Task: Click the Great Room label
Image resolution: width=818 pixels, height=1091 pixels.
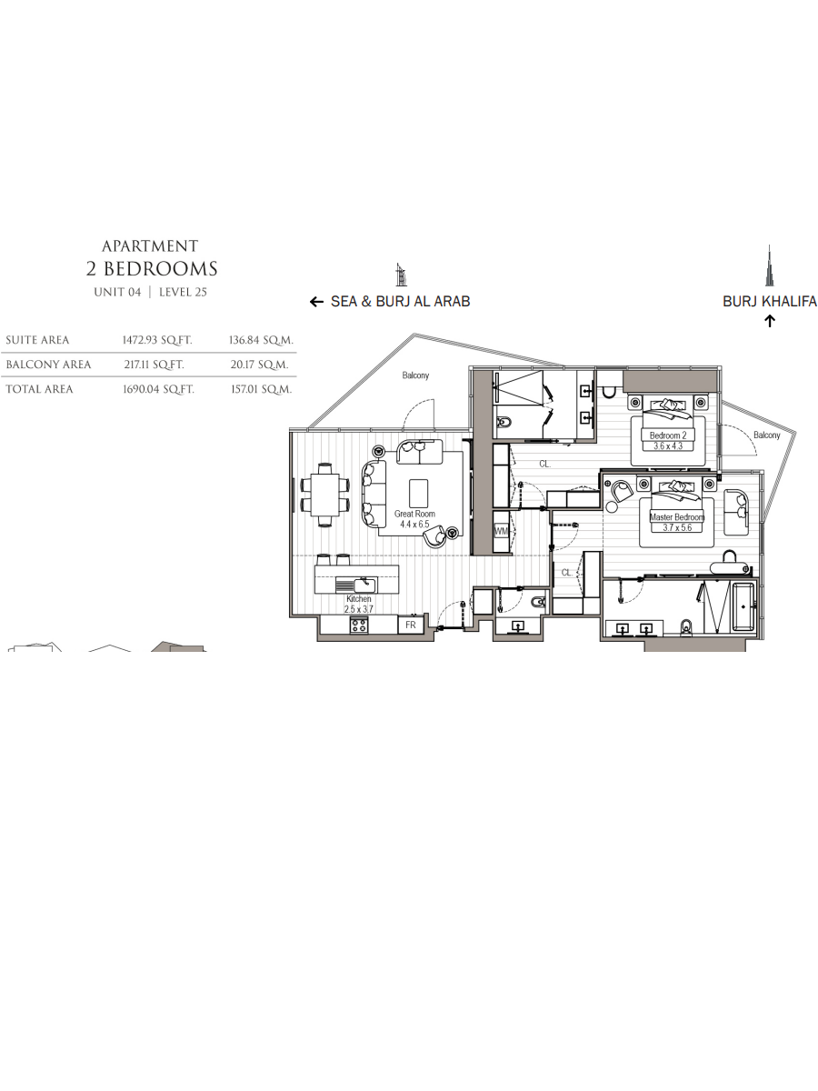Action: [414, 514]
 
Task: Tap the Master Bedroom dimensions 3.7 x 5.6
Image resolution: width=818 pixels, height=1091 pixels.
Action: [676, 527]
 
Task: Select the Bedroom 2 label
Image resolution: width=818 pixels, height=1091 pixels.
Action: [667, 435]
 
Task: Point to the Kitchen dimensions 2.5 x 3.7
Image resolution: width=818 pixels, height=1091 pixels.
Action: [359, 609]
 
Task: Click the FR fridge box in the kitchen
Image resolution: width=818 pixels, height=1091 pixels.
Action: [411, 625]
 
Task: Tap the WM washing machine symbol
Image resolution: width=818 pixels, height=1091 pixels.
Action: [501, 531]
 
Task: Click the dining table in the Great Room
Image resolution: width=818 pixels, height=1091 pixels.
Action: [325, 495]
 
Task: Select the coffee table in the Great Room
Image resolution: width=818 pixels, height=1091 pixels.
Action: [418, 493]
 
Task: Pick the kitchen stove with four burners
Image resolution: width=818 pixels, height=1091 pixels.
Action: [359, 625]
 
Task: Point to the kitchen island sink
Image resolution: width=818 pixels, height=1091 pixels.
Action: [362, 584]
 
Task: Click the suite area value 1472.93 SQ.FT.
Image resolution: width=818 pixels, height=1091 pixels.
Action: [157, 340]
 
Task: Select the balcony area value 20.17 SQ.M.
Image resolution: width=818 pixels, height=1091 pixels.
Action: [259, 365]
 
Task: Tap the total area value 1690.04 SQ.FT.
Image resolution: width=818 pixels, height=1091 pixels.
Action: [158, 389]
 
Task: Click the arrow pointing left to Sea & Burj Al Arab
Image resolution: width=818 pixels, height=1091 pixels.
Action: [316, 302]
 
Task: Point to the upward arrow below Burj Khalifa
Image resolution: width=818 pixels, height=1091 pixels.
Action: [769, 321]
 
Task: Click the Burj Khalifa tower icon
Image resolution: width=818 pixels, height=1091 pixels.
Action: [769, 265]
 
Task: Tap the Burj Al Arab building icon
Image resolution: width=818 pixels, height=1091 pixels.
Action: [401, 275]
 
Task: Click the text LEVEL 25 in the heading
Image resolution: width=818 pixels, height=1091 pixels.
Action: [183, 292]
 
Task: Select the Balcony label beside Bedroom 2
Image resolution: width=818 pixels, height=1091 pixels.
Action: [767, 435]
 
